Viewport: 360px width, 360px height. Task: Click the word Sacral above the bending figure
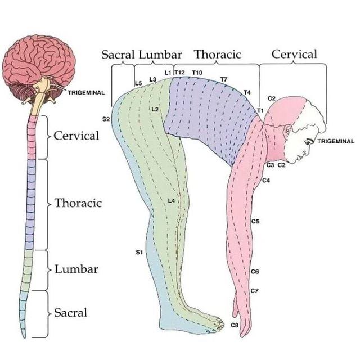pos(118,55)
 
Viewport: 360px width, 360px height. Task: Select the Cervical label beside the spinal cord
pos(77,136)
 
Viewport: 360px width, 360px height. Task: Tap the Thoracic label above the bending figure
pos(218,55)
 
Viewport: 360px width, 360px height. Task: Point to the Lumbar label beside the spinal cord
pos(76,269)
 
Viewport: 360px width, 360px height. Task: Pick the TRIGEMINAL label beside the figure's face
pos(336,141)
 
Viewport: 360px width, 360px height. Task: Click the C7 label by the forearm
pos(254,291)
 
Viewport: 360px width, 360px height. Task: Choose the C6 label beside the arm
pos(255,271)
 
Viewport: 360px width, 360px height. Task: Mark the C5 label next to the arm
pos(255,222)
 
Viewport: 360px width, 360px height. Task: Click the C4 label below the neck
pos(266,180)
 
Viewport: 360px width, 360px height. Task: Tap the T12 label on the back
pos(180,73)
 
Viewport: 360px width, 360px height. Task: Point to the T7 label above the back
pos(224,79)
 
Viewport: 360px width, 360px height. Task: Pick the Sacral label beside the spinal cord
pos(71,312)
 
